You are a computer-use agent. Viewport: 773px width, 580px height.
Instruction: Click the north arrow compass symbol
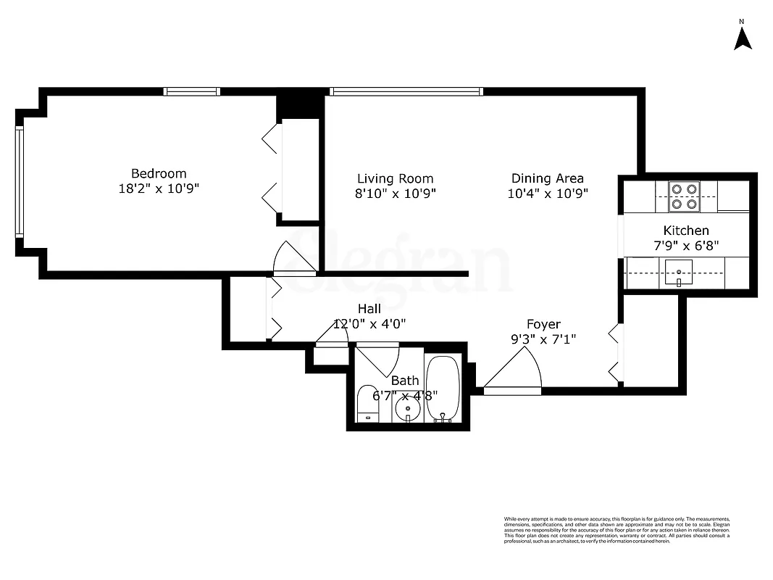click(x=742, y=38)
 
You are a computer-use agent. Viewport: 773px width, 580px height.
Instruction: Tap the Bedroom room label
click(x=159, y=174)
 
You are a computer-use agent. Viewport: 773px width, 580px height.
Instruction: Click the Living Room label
click(x=396, y=178)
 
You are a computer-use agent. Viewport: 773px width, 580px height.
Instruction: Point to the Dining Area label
click(x=548, y=178)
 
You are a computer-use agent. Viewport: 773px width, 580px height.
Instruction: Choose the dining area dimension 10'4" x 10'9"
click(x=548, y=194)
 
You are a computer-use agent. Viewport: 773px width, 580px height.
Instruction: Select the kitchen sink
click(x=679, y=274)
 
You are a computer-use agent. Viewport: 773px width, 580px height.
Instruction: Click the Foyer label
click(x=543, y=324)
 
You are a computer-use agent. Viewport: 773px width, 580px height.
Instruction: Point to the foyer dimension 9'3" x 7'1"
click(x=543, y=339)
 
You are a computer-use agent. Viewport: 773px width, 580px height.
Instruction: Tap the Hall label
click(x=369, y=310)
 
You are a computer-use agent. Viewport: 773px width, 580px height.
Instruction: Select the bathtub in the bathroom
click(x=442, y=388)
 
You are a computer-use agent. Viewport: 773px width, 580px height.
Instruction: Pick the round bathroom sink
click(x=409, y=411)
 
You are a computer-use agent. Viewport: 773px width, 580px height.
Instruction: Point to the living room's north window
click(x=406, y=92)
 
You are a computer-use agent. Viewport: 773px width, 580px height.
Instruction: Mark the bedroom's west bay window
click(x=20, y=181)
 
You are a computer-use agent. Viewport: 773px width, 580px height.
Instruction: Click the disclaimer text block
click(x=617, y=529)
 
